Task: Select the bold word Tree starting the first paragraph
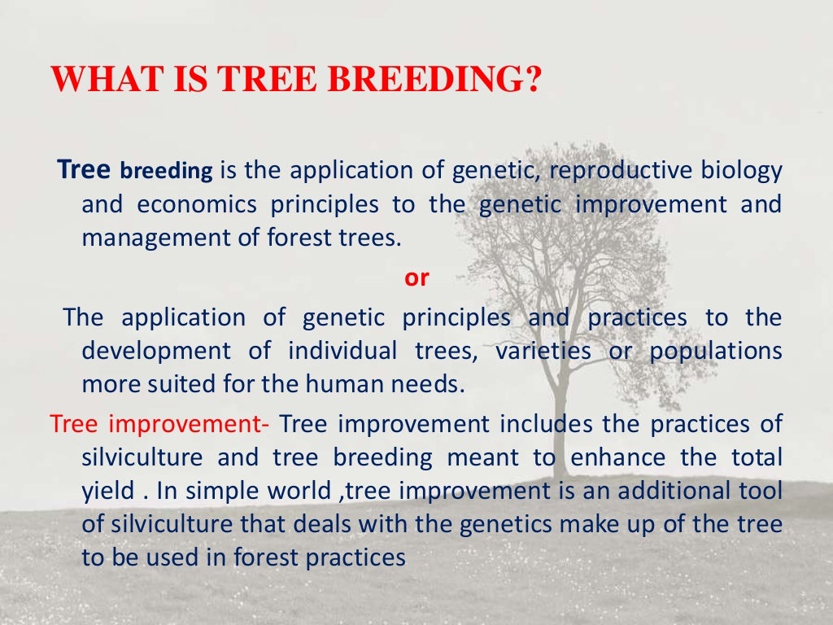point(85,170)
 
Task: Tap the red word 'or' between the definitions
point(416,277)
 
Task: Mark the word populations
point(715,351)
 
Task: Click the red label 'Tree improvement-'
point(164,424)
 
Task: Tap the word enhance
point(621,457)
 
